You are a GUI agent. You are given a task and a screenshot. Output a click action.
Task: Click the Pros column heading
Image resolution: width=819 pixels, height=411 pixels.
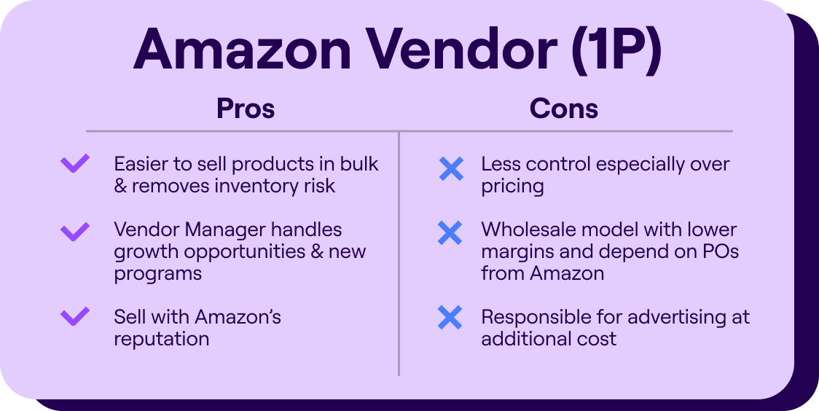pos(246,109)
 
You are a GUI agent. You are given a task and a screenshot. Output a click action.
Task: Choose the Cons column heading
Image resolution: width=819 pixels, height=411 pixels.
pos(564,109)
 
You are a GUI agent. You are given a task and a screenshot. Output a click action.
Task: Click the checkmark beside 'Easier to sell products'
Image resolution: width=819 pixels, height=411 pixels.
pos(75,164)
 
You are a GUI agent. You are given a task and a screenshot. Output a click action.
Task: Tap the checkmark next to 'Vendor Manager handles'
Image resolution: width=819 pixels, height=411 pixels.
pos(75,232)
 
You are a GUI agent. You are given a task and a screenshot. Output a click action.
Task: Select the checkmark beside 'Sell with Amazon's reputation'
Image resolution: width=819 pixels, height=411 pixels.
pos(75,317)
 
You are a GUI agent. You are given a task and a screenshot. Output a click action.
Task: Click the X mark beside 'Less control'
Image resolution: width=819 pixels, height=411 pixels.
pos(451,168)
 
